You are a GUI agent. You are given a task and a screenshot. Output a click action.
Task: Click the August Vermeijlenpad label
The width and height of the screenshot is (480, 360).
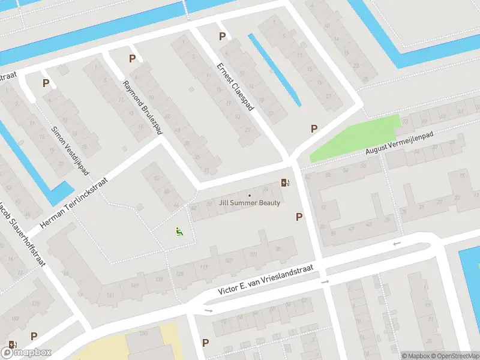[399, 144]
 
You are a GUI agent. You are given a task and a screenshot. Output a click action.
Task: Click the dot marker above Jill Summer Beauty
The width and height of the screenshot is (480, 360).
[250, 195]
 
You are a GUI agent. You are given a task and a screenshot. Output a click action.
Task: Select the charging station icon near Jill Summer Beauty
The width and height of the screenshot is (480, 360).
[285, 182]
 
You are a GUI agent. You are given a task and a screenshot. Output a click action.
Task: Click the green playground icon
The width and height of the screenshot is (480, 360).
[178, 231]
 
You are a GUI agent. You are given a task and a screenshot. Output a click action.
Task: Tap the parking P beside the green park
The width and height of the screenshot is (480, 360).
[313, 128]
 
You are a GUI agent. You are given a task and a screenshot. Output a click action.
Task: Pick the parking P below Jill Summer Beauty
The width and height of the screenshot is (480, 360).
[299, 217]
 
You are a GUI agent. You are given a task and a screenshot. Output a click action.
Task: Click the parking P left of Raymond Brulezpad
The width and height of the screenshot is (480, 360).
[132, 58]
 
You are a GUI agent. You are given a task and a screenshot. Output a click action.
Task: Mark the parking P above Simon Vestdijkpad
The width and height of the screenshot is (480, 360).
[46, 83]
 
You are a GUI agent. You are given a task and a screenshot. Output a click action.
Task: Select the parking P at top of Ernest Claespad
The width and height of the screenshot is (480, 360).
[222, 36]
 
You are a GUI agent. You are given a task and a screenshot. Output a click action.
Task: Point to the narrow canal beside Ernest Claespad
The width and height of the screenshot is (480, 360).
[274, 70]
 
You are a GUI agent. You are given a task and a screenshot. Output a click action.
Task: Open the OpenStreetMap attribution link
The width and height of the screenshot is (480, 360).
[453, 356]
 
